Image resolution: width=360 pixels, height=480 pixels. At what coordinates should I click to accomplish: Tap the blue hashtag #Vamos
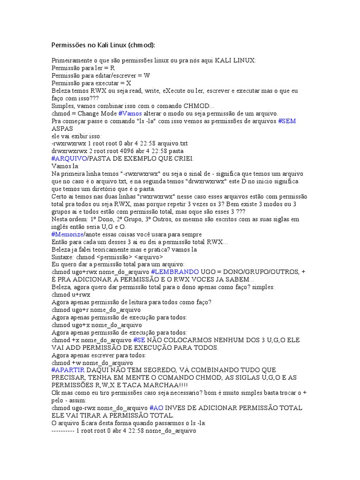click(130, 113)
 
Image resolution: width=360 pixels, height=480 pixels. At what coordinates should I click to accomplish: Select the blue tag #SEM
click(287, 121)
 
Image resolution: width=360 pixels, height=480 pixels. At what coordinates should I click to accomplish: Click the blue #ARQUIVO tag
click(69, 159)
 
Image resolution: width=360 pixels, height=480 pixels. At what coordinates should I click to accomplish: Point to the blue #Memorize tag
click(67, 234)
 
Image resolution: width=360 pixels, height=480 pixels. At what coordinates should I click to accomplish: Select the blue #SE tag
click(139, 340)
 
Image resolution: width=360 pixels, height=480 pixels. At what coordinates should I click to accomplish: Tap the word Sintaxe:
click(62, 257)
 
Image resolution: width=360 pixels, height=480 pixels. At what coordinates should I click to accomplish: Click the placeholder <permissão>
click(114, 257)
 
